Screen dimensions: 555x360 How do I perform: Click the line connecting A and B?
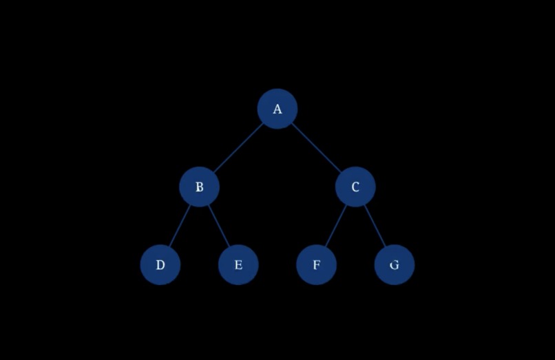point(238,147)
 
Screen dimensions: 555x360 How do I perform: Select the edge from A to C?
point(316,147)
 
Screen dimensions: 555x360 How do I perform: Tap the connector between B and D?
point(180,226)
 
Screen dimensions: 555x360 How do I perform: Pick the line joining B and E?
point(219,226)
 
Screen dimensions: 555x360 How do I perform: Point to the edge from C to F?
point(336,226)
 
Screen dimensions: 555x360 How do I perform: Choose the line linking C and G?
point(375,226)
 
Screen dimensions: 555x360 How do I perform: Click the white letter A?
point(277,109)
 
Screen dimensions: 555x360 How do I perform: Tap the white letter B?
point(200,187)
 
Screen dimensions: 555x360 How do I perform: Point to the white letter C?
point(355,187)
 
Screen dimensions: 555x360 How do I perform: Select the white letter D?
point(160,264)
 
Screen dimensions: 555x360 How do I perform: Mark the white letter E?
point(238,264)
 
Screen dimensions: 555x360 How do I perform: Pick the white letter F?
point(317,264)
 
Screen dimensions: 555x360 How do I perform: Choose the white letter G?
point(395,264)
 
